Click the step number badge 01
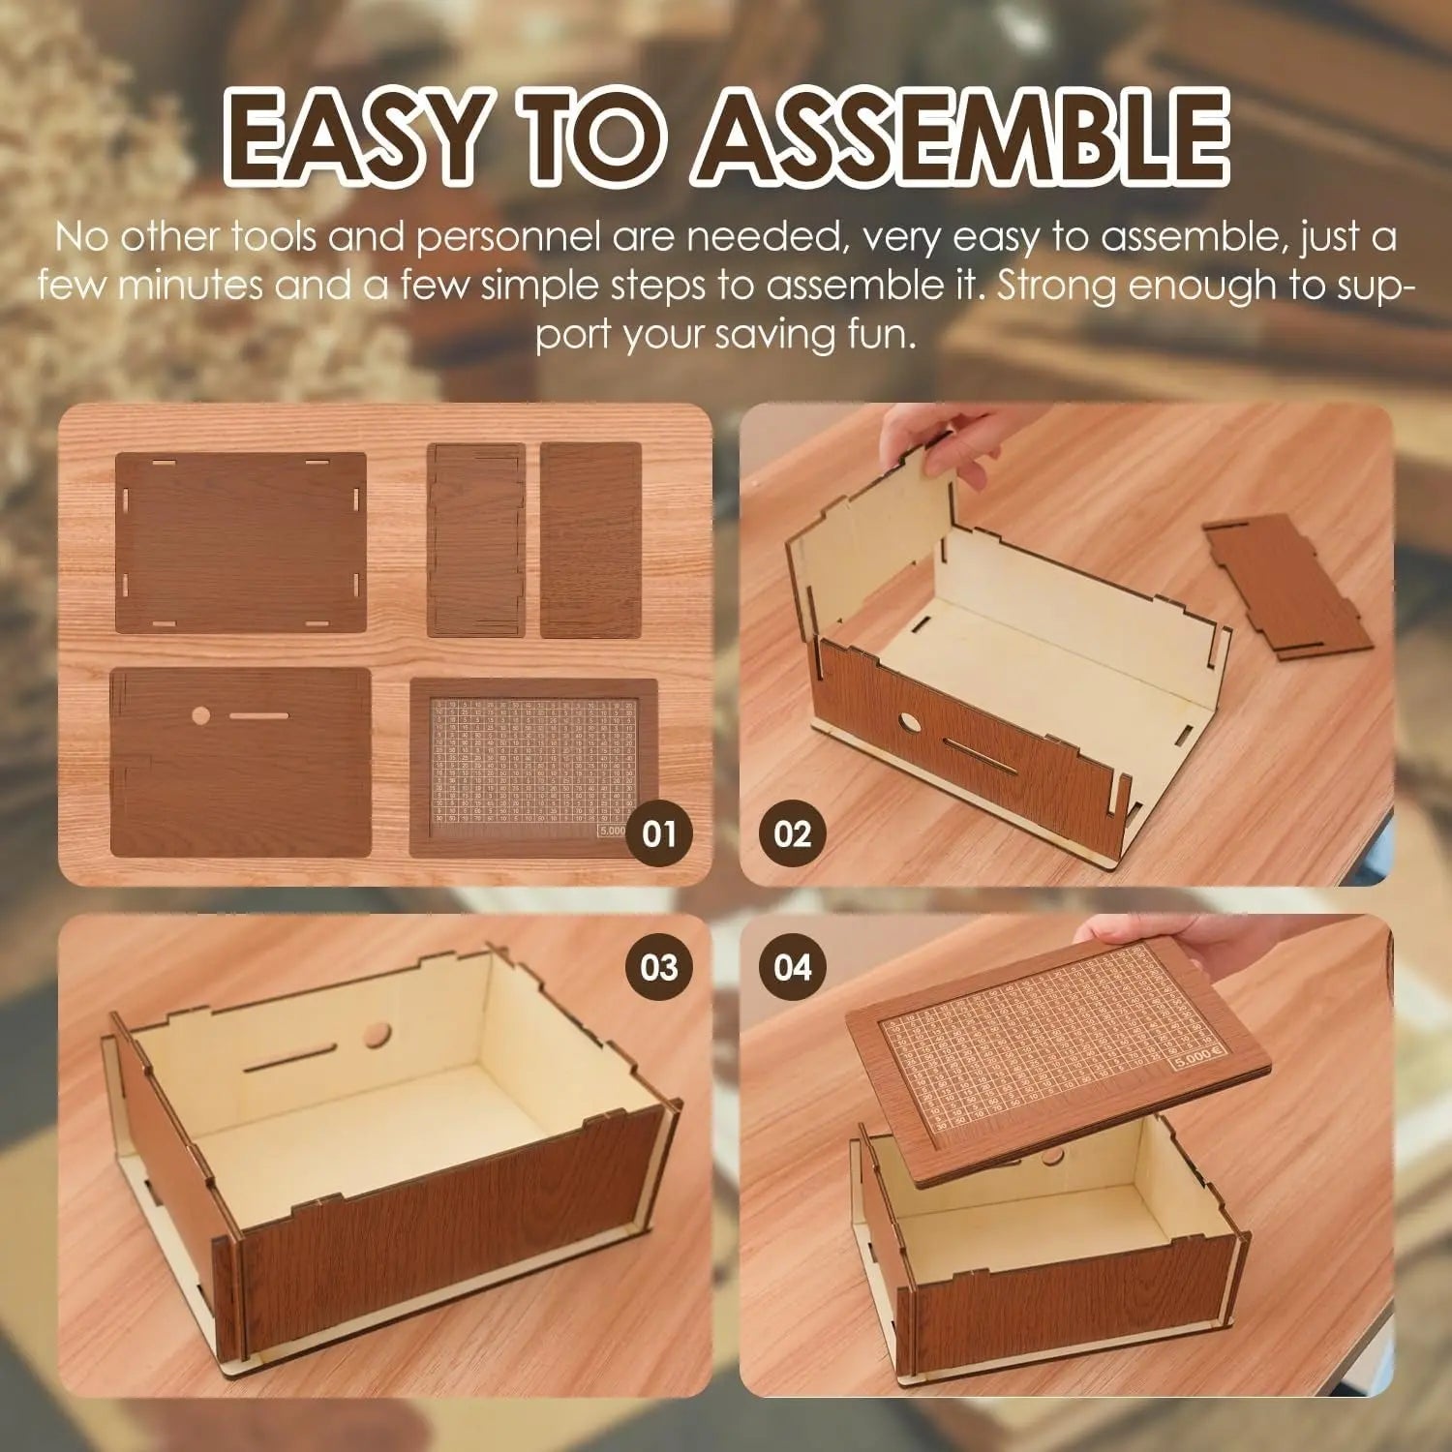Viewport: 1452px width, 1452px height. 658,833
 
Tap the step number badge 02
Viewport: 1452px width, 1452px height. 792,833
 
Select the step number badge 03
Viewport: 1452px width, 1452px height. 658,967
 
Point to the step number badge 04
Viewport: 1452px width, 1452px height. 792,967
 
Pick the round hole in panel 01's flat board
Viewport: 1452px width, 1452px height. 201,716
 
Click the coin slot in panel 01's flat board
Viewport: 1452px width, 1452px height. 256,717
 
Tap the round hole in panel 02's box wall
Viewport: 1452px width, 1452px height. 911,723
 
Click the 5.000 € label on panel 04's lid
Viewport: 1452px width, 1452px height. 1199,1065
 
